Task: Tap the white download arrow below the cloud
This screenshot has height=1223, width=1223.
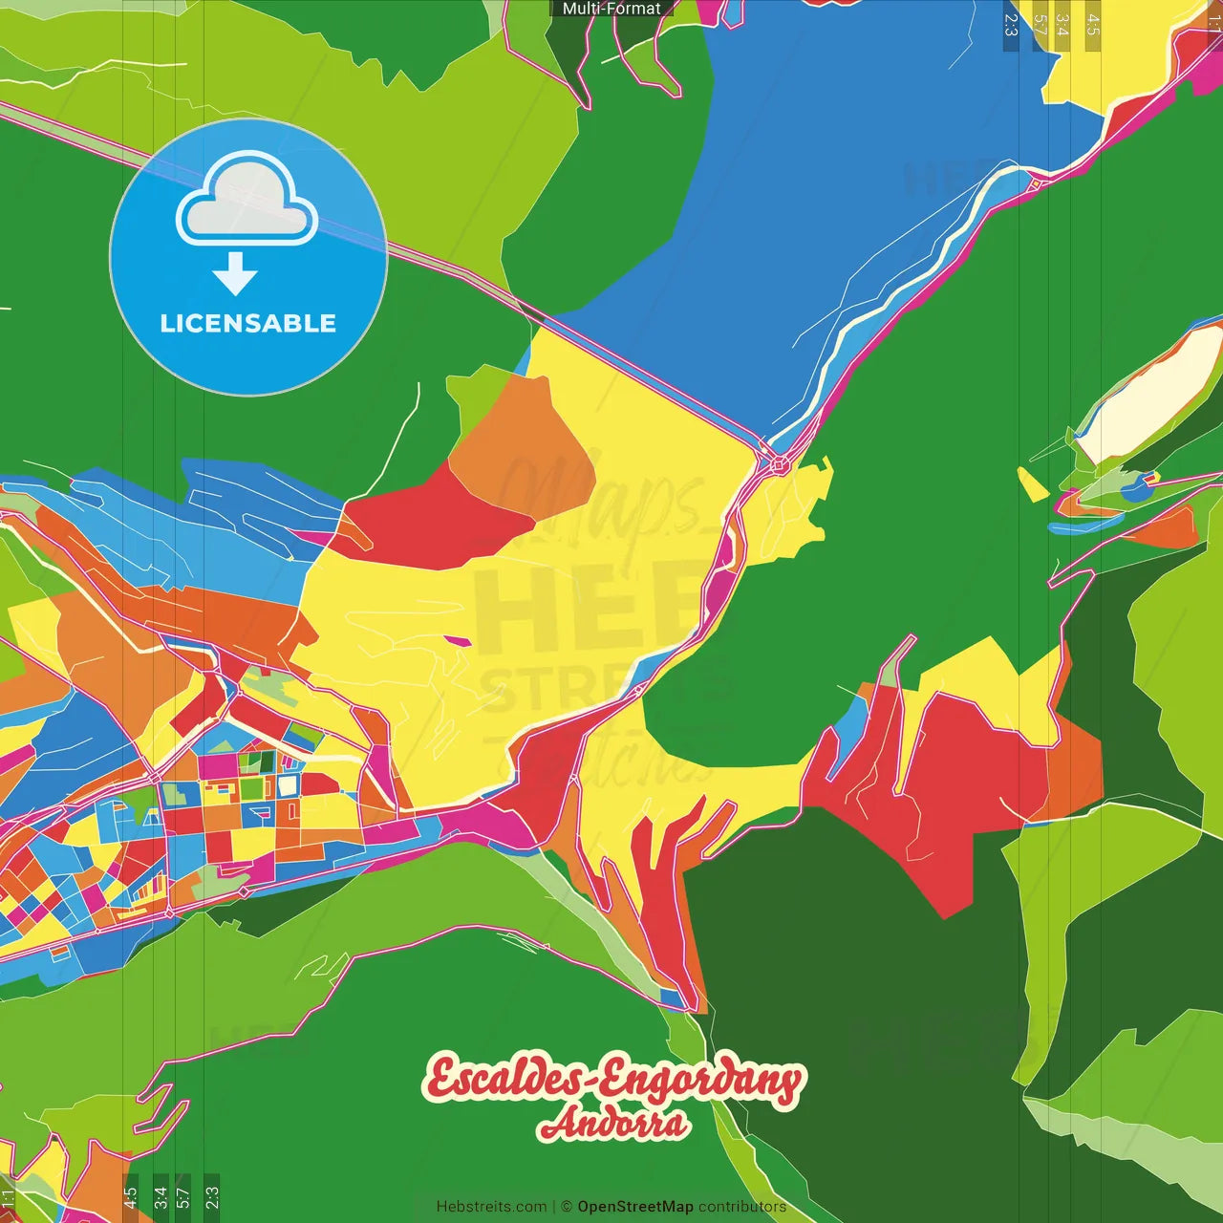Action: pyautogui.click(x=235, y=274)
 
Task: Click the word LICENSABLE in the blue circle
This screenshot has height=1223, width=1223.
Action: pyautogui.click(x=247, y=323)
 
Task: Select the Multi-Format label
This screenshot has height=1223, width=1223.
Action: pyautogui.click(x=611, y=9)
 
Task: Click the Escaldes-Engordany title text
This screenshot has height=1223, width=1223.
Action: pyautogui.click(x=613, y=1079)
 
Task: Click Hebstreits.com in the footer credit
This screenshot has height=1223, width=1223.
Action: pyautogui.click(x=491, y=1207)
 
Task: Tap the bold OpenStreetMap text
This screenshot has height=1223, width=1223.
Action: pyautogui.click(x=635, y=1207)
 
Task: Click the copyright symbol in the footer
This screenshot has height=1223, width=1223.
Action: pyautogui.click(x=567, y=1207)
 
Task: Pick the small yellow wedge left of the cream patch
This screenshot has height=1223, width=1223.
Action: pyautogui.click(x=1030, y=483)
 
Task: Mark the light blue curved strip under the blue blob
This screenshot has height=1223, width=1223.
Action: pyautogui.click(x=1084, y=525)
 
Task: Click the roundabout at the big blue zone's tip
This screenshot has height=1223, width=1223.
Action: pyautogui.click(x=779, y=464)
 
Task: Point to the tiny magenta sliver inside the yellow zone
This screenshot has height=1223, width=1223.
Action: pyautogui.click(x=457, y=640)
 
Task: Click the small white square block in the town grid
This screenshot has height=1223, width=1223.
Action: pyautogui.click(x=289, y=786)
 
